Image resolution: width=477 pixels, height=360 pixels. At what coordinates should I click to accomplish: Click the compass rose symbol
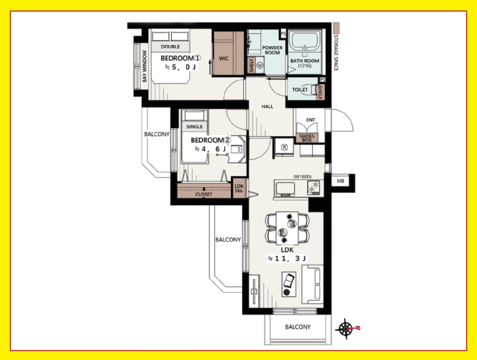click(345, 329)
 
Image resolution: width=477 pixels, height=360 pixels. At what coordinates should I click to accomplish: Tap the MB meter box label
click(340, 181)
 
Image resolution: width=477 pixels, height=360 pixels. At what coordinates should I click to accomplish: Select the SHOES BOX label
click(307, 138)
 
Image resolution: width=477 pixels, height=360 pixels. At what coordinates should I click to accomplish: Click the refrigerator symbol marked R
click(284, 147)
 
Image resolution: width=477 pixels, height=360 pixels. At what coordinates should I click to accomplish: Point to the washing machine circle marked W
click(260, 65)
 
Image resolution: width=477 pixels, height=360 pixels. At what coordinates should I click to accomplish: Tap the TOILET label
click(300, 90)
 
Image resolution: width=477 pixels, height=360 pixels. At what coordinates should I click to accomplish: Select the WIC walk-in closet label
click(223, 59)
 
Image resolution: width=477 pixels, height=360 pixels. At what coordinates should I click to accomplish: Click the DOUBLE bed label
click(170, 47)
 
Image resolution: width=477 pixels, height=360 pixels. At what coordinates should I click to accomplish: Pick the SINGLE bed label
click(194, 126)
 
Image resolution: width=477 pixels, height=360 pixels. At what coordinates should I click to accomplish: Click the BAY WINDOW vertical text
click(144, 66)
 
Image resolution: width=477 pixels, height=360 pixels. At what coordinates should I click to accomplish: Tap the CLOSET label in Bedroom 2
click(204, 194)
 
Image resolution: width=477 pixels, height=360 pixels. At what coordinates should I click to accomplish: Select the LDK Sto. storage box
click(239, 188)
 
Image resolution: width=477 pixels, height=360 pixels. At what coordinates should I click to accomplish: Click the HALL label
click(267, 107)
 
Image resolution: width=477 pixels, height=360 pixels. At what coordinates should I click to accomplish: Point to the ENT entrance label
click(311, 120)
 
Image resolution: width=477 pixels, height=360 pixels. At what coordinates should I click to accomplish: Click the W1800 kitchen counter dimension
click(302, 177)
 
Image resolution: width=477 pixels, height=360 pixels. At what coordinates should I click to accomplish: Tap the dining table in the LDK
click(287, 228)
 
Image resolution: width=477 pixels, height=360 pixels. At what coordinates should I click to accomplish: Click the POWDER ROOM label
click(272, 50)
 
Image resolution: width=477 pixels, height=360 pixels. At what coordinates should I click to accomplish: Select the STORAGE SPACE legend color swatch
click(336, 28)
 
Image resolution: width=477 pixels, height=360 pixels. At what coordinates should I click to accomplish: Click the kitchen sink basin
click(285, 189)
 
